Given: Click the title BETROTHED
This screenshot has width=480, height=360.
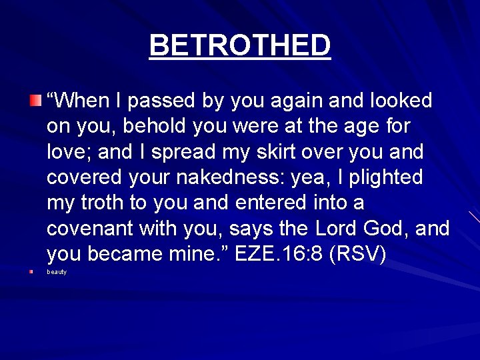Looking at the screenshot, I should point(240,45).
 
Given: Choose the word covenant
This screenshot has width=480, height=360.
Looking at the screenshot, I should point(90,229).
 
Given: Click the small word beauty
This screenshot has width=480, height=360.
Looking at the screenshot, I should point(57,272).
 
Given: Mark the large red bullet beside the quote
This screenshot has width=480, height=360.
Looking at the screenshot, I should point(35,101).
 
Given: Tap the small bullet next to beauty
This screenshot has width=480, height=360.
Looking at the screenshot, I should point(31,272).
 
